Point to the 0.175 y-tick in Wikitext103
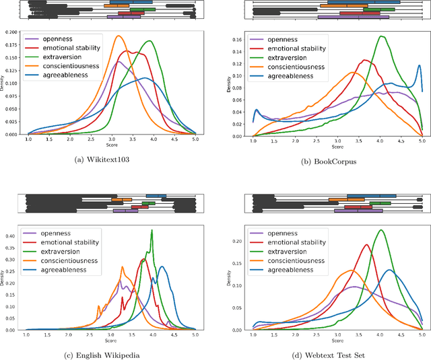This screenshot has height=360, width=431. pyautogui.click(x=13, y=45)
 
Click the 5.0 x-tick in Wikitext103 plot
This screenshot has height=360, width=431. pyautogui.click(x=195, y=139)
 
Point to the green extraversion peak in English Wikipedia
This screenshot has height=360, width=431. pyautogui.click(x=152, y=231)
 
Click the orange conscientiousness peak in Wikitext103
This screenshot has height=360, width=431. pyautogui.click(x=119, y=36)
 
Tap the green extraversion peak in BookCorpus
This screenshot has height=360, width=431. pyautogui.click(x=382, y=36)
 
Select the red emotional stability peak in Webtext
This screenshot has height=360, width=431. pyautogui.click(x=367, y=245)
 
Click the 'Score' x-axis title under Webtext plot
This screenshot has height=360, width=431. pyautogui.click(x=337, y=341)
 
